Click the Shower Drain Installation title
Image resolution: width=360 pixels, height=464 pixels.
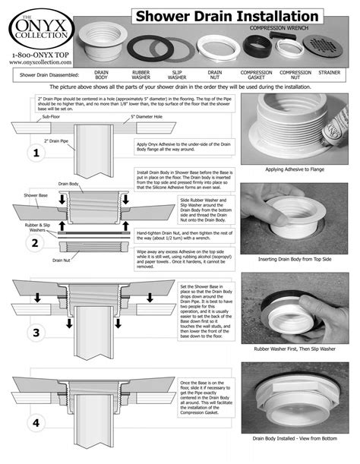click(x=226, y=16)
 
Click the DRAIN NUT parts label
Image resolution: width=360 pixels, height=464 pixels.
click(x=215, y=75)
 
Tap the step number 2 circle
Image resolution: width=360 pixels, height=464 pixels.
click(x=33, y=243)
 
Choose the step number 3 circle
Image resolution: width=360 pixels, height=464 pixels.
click(x=33, y=333)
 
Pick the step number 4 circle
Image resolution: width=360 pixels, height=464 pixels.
click(x=33, y=422)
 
